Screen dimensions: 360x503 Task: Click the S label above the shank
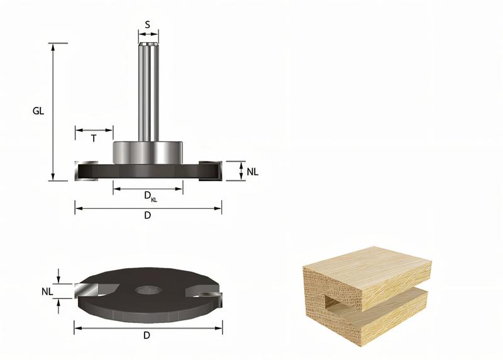click(148, 25)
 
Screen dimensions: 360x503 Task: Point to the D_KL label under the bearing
click(150, 196)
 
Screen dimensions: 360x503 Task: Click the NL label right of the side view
click(253, 171)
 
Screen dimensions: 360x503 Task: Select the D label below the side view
click(148, 215)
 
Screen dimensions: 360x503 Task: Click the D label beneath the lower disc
click(147, 335)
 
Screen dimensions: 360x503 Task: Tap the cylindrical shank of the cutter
click(148, 94)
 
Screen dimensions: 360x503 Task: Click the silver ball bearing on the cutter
click(148, 152)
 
